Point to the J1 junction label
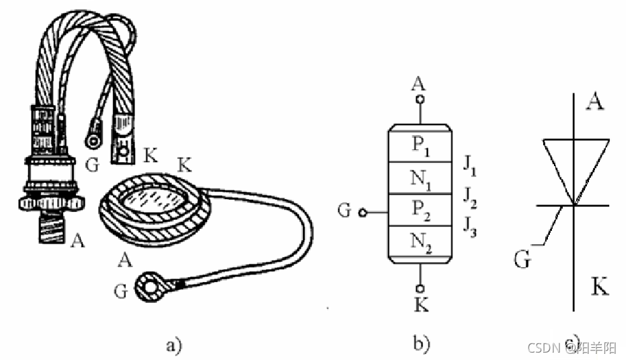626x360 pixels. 469,164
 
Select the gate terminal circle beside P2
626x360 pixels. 363,213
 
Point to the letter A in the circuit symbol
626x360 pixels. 594,102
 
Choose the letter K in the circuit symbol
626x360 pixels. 600,288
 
